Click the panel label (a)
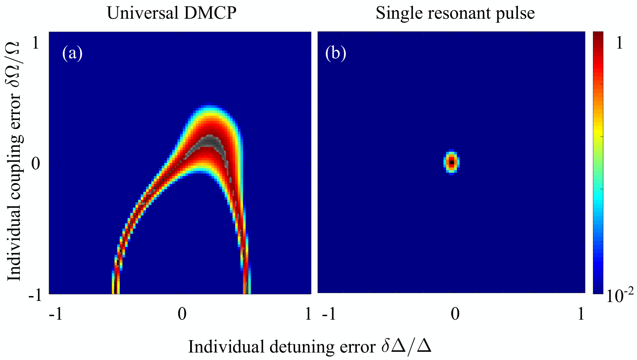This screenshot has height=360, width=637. (x=72, y=53)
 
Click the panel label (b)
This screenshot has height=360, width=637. (x=336, y=53)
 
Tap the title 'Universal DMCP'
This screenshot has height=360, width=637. (x=172, y=13)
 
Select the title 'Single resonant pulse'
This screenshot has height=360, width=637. (x=455, y=13)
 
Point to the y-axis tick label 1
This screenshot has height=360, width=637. (x=35, y=43)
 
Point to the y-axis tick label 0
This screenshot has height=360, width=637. (x=35, y=164)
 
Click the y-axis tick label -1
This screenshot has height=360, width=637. (x=35, y=296)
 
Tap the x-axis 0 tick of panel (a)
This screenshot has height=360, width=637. (x=182, y=314)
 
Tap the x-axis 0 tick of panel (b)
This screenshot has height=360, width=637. (x=455, y=314)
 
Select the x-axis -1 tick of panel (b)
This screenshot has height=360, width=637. (x=329, y=314)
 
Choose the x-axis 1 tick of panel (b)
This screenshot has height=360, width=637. (x=581, y=314)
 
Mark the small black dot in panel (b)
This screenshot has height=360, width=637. (x=452, y=163)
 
